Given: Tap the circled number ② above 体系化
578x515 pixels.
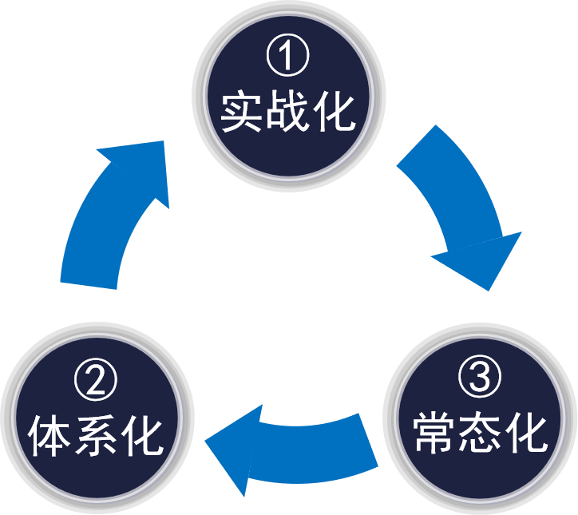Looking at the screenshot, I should point(96,382).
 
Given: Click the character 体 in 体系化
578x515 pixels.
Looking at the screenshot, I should point(50,435).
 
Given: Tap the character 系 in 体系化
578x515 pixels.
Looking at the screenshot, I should point(96,435).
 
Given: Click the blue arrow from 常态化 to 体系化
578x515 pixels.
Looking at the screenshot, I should point(295,447).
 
